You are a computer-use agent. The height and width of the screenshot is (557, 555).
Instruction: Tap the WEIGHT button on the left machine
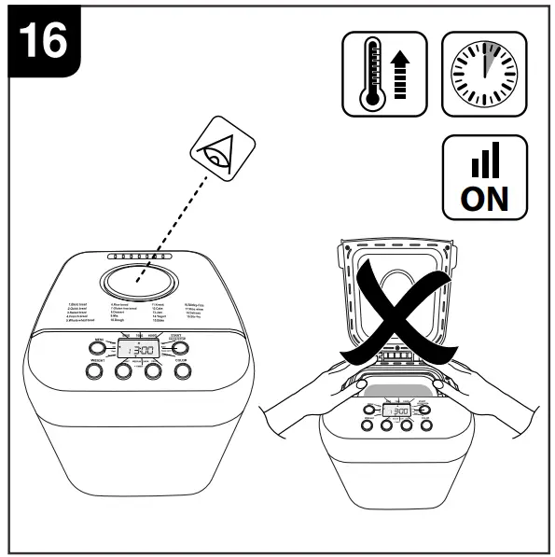(x=94, y=371)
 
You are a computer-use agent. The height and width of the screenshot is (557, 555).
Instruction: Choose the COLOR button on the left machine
(x=182, y=371)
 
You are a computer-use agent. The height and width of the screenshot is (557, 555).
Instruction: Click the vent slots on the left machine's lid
(x=137, y=256)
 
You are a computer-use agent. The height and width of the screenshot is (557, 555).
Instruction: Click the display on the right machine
(x=396, y=411)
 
